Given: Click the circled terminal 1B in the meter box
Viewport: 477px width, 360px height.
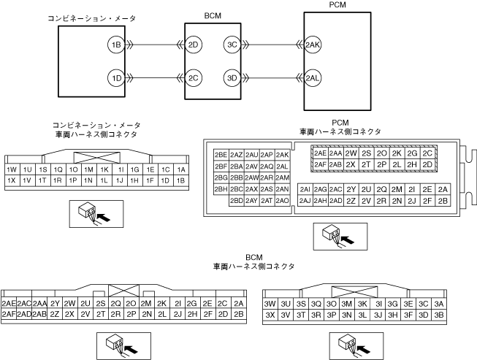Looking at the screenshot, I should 115,45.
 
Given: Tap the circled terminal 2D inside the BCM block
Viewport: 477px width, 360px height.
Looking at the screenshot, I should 194,45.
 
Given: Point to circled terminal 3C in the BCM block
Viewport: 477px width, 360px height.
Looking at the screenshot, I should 232,45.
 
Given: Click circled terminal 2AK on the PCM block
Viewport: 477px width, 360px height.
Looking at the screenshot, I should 313,45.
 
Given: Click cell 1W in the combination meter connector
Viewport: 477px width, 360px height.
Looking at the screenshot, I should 12,169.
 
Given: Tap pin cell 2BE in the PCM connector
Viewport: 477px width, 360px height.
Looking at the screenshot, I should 221,155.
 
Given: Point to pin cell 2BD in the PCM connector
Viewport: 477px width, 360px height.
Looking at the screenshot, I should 236,201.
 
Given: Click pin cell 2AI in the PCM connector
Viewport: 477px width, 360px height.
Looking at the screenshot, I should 305,190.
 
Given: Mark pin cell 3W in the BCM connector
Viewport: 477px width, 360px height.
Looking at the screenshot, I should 270,304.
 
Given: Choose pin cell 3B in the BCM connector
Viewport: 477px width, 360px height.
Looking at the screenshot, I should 438,315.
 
